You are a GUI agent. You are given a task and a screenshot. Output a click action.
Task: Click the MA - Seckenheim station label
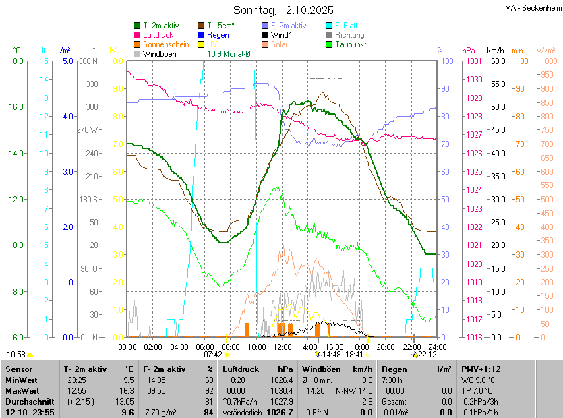point(533,8)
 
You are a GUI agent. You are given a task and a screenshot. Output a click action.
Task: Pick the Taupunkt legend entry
point(351,44)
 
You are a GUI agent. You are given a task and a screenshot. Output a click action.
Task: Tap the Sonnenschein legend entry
point(166,44)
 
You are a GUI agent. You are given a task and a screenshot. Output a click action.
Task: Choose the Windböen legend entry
point(158,54)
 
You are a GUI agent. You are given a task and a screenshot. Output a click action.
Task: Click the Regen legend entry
point(218,35)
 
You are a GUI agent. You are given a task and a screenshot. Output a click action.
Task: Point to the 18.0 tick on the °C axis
point(16,61)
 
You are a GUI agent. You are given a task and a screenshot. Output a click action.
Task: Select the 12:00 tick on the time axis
point(283,347)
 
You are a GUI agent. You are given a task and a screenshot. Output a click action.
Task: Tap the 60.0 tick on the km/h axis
point(497,61)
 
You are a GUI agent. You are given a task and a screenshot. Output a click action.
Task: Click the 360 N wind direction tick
point(88,61)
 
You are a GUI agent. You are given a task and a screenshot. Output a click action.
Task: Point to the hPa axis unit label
point(469,51)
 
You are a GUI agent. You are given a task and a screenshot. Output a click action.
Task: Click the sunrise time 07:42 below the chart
point(213,354)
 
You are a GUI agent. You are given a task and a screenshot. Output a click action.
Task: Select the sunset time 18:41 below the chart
point(354,354)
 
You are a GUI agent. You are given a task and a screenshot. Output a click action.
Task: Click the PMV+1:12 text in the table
point(479,369)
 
